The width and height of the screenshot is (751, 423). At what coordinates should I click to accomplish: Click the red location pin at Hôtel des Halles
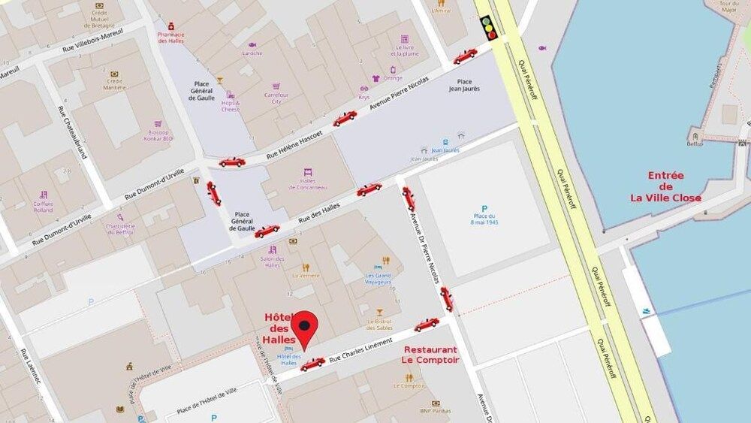[304, 329]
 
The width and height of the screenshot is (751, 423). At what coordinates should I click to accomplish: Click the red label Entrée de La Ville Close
[666, 186]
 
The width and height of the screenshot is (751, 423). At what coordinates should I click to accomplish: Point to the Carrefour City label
[276, 98]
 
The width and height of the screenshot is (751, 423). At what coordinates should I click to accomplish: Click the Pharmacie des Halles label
[171, 38]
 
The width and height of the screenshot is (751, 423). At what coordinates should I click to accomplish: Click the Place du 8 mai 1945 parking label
[485, 218]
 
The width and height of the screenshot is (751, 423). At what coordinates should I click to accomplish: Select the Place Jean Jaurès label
[464, 85]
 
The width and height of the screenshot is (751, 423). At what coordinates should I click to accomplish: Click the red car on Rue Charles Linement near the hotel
[312, 364]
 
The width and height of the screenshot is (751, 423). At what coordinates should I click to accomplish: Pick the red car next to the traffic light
[465, 56]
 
